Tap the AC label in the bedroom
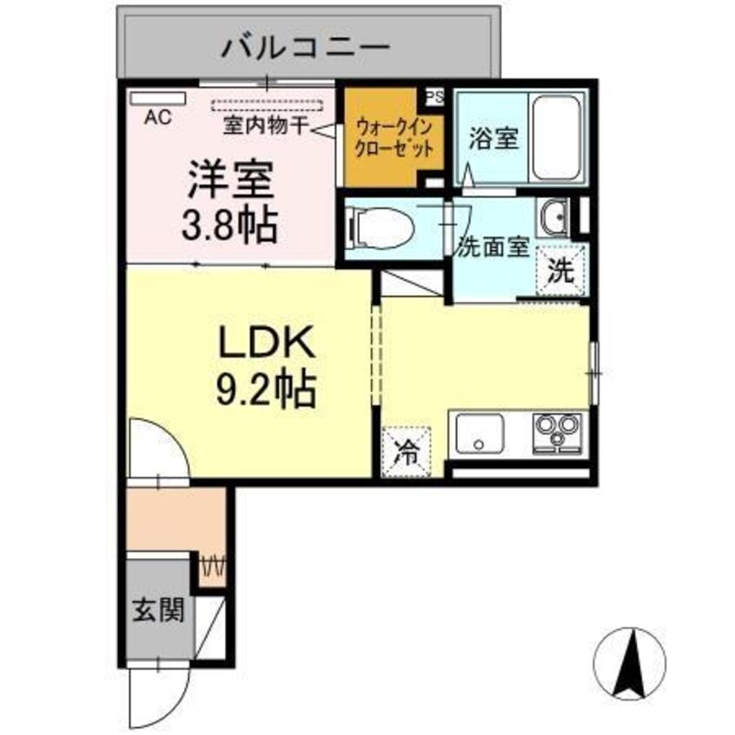tap(157, 116)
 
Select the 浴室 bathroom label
tap(493, 140)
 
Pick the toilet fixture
tap(379, 229)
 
